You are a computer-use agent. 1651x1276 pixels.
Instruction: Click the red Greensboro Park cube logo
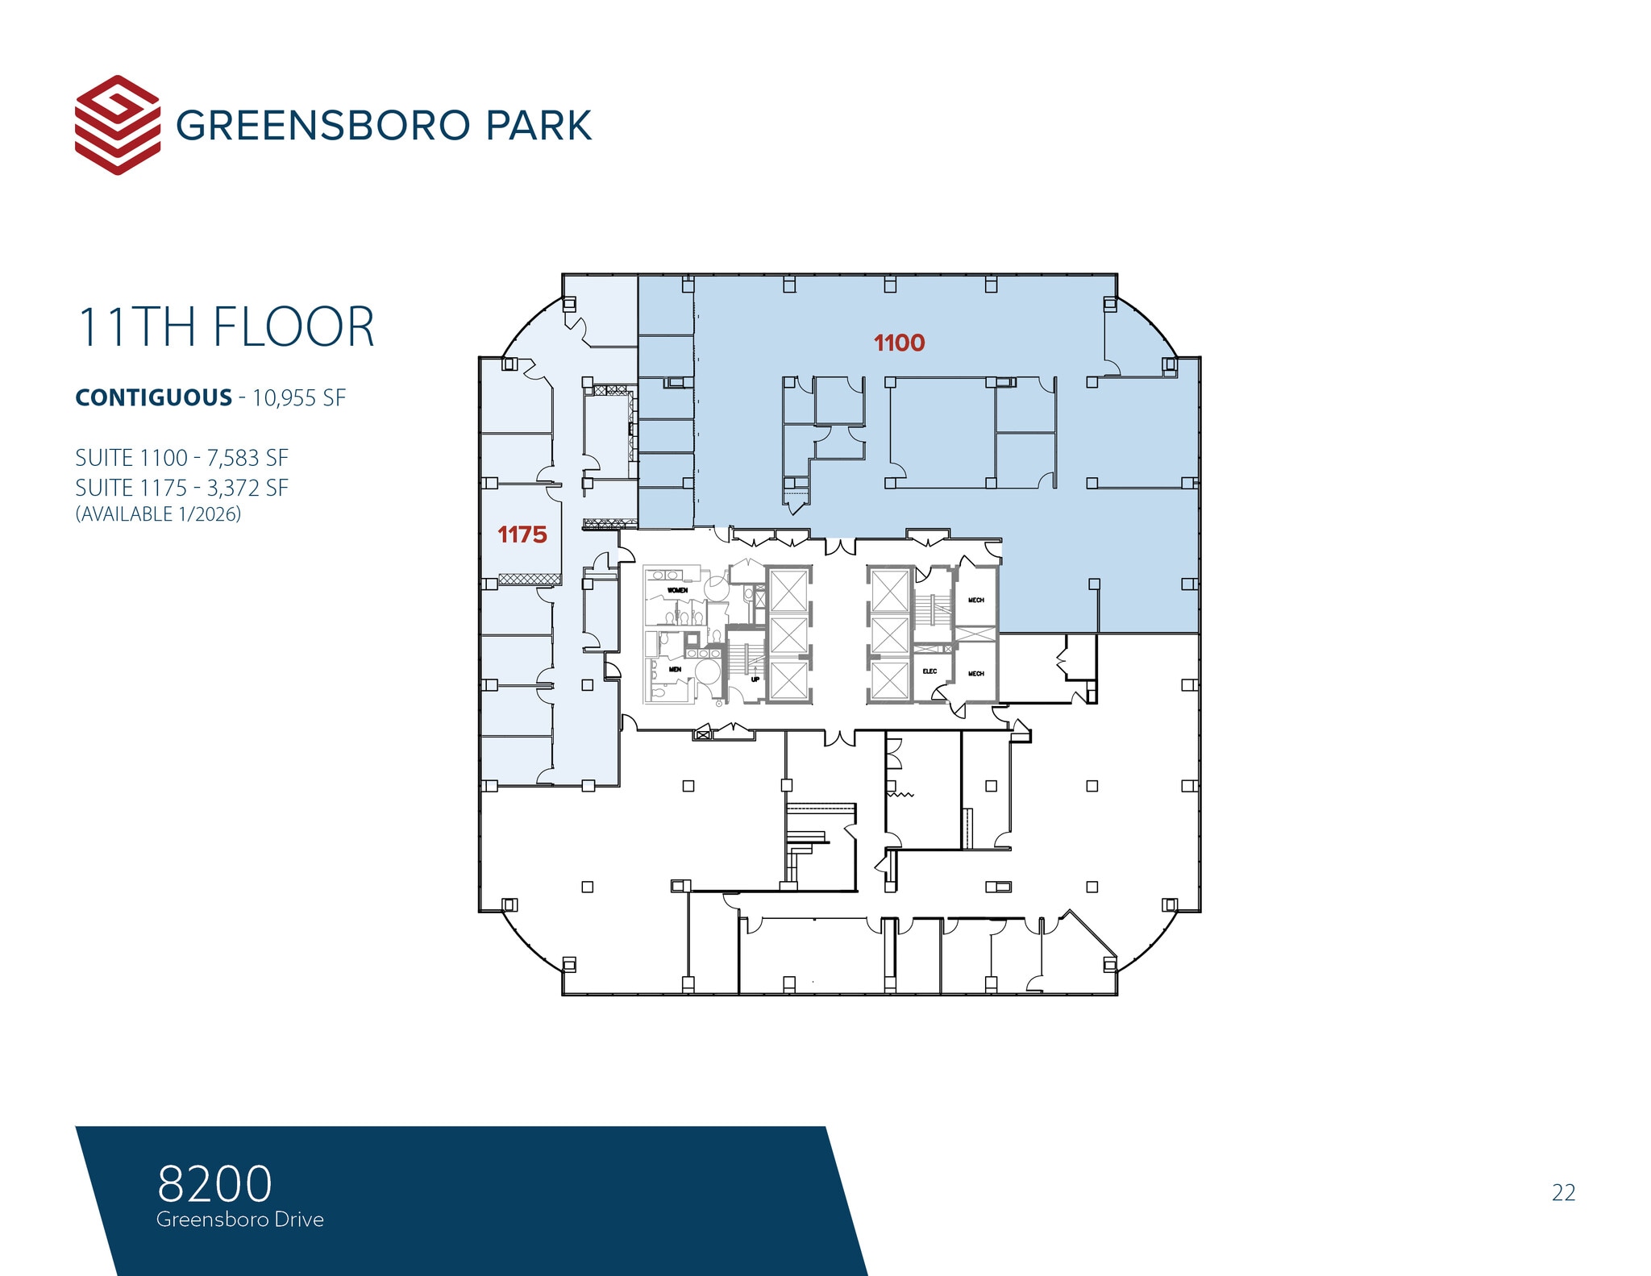pos(117,125)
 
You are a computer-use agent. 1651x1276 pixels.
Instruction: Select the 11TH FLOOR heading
pos(226,327)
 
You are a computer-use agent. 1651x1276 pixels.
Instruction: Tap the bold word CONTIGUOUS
pos(153,398)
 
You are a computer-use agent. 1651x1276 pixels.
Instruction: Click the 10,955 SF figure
pos(299,398)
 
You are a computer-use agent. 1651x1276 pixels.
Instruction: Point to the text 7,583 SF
pos(247,458)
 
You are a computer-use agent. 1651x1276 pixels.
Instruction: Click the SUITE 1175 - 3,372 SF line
pos(181,488)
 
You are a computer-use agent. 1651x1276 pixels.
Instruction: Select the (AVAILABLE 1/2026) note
pos(158,514)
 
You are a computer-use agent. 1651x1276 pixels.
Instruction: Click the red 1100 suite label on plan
pos(899,343)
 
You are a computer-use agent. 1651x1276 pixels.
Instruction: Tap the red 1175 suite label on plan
pos(522,534)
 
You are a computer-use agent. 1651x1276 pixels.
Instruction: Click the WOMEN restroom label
pos(677,590)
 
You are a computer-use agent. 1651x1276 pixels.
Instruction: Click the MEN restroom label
pos(675,669)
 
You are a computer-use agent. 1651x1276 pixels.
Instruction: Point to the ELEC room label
pos(929,671)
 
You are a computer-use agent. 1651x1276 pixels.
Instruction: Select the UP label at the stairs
pos(755,679)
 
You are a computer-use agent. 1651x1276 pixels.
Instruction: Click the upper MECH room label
pos(975,600)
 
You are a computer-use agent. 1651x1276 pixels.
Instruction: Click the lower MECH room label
pos(975,673)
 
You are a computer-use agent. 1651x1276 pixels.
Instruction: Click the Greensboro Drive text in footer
pos(239,1220)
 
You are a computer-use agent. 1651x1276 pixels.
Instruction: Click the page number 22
pos(1563,1192)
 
